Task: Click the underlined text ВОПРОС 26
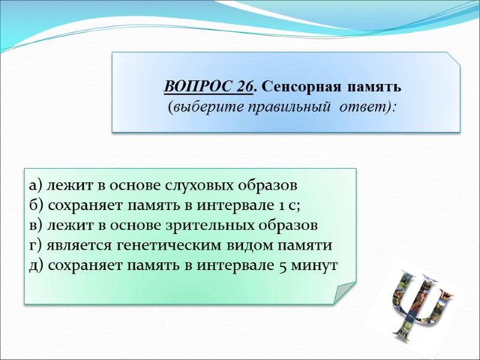pos(208,88)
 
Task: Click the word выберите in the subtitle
pos(200,107)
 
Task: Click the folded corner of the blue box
pos(453,59)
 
